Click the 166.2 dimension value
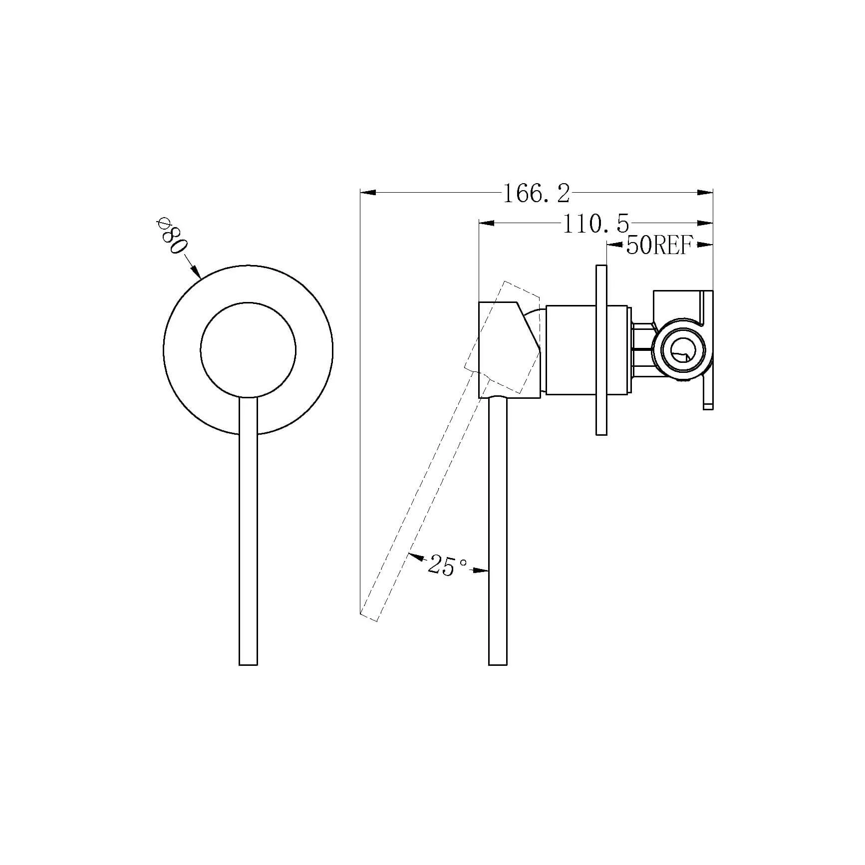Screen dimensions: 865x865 click(536, 194)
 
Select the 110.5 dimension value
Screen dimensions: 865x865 click(596, 224)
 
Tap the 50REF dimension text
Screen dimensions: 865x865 click(659, 245)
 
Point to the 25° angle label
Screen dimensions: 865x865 click(447, 566)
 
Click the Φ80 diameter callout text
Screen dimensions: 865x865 click(172, 235)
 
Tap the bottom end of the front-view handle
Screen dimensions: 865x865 click(249, 664)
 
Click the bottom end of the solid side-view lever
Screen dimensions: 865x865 click(498, 664)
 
